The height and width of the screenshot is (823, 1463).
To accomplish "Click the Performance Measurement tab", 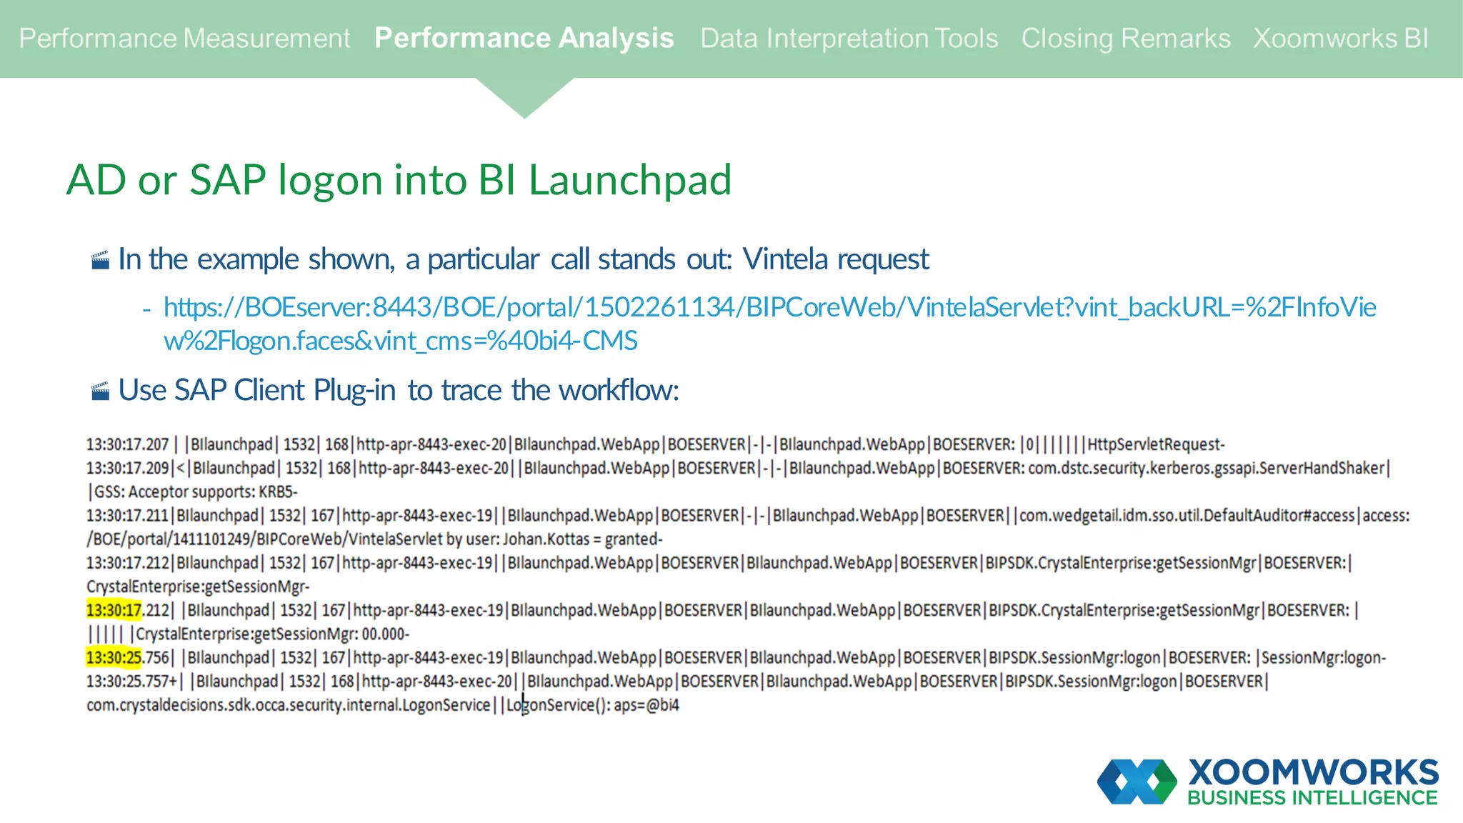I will coord(184,39).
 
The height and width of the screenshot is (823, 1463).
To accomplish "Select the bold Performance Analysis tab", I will coord(524,39).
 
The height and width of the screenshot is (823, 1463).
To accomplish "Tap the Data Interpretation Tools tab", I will coord(849,39).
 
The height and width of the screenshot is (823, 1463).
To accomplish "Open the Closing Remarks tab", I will coord(1125,39).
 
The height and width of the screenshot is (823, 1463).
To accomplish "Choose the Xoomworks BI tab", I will coord(1341,39).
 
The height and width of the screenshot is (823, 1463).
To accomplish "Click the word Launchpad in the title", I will coord(629,180).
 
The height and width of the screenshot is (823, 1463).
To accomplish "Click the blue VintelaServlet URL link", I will coord(769,308).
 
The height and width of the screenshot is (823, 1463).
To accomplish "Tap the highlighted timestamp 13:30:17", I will coord(114,611).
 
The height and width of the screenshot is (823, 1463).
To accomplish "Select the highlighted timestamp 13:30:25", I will coord(114,658).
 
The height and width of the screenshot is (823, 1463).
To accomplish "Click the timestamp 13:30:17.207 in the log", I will coord(127,445).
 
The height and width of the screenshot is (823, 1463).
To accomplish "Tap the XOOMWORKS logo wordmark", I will coord(1313,772).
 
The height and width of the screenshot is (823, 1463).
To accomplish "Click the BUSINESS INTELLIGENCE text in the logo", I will coord(1312,798).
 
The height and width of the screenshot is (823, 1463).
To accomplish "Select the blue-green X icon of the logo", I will coord(1137,782).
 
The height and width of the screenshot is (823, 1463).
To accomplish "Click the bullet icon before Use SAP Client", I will coord(101,391).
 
